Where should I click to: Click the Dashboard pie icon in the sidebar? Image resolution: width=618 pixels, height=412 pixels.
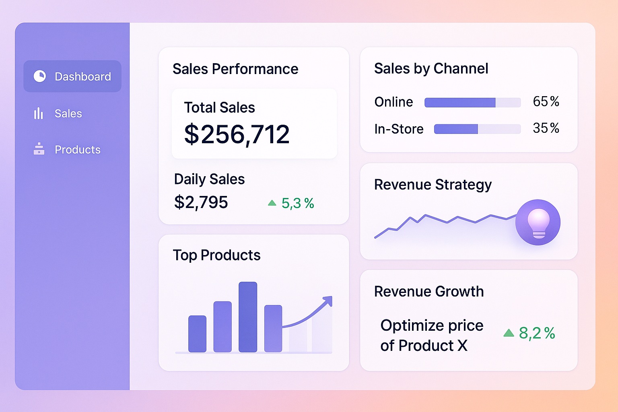tap(39, 76)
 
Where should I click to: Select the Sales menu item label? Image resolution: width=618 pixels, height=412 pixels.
tap(68, 114)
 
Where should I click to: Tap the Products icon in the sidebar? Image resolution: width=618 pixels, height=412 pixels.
tap(39, 149)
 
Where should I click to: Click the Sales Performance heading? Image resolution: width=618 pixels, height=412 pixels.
tap(235, 69)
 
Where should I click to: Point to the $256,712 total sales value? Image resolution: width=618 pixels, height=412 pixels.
tap(237, 134)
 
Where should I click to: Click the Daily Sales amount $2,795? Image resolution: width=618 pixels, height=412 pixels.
tap(201, 202)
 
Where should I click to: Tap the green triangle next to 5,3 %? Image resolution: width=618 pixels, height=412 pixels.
tap(272, 203)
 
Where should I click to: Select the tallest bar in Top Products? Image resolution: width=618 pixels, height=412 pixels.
tap(247, 317)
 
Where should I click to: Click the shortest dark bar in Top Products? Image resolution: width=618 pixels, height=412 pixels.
tap(197, 334)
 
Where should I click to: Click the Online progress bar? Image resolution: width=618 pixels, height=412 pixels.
tap(472, 103)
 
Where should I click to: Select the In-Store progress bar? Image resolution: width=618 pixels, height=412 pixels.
tap(477, 129)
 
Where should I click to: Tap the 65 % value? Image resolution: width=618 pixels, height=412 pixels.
tap(546, 101)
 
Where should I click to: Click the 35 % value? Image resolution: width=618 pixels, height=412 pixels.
tap(546, 128)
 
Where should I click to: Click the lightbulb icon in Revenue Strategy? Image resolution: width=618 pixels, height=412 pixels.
tap(538, 222)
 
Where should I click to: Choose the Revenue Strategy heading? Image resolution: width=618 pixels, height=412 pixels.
tap(433, 185)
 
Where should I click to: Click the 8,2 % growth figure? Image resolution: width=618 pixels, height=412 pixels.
tap(537, 333)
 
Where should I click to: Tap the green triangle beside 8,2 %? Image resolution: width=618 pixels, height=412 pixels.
tap(509, 333)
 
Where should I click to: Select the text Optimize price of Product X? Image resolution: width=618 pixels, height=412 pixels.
tap(431, 335)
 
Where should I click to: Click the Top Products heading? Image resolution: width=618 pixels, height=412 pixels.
tap(216, 255)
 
